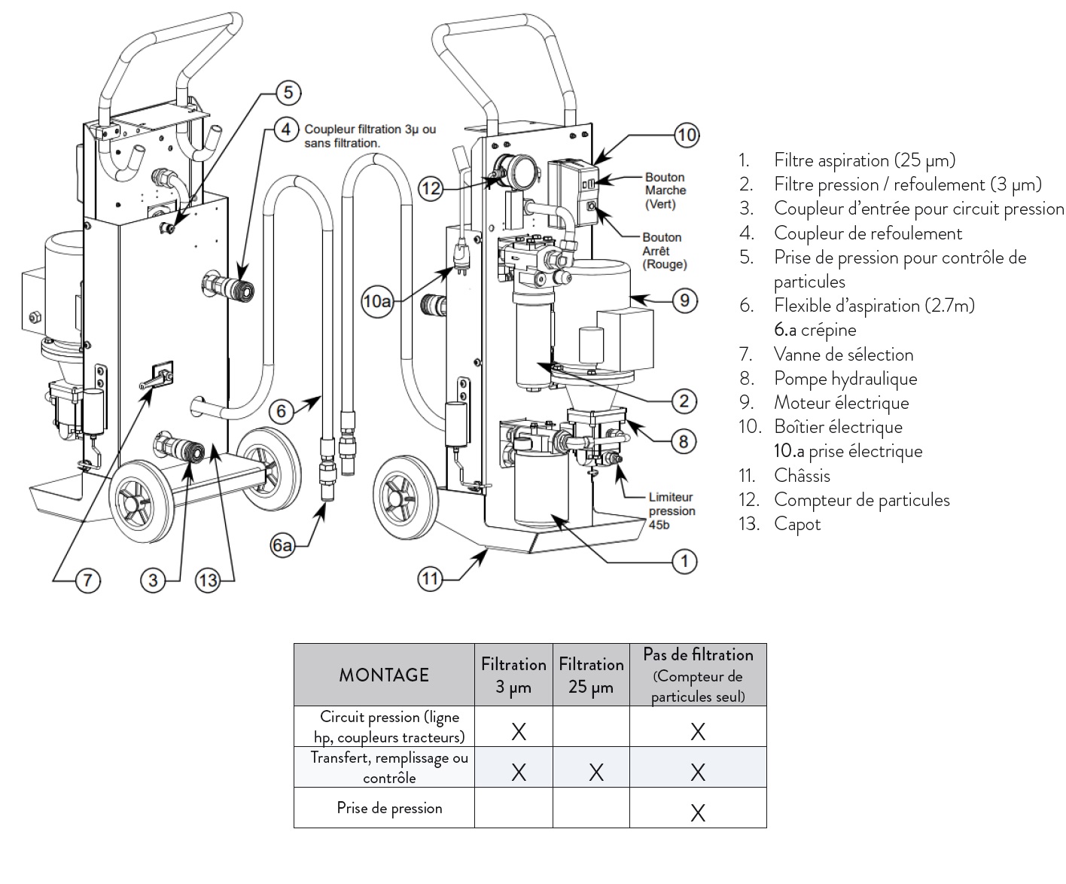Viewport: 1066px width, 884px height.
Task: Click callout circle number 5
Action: pyautogui.click(x=288, y=93)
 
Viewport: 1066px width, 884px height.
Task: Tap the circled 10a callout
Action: pyautogui.click(x=377, y=301)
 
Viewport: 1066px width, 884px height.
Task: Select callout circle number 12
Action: pyautogui.click(x=431, y=188)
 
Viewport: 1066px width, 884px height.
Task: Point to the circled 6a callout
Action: pyautogui.click(x=282, y=546)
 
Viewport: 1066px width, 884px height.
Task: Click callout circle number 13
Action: pyautogui.click(x=208, y=581)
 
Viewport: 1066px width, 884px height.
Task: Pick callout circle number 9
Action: pyautogui.click(x=684, y=300)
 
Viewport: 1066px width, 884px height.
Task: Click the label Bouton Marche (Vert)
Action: pyautogui.click(x=665, y=191)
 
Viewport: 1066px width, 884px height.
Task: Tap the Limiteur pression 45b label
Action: pyautogui.click(x=672, y=511)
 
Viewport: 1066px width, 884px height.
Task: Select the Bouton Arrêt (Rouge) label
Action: pyautogui.click(x=664, y=251)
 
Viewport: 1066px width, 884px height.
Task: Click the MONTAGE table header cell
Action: pyautogui.click(x=384, y=675)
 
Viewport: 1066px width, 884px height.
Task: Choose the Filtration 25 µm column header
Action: pyautogui.click(x=591, y=675)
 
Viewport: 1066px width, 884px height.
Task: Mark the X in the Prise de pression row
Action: pyautogui.click(x=698, y=812)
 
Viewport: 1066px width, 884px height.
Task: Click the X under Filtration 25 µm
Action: pyautogui.click(x=596, y=772)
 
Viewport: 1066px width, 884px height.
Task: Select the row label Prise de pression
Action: pyautogui.click(x=389, y=808)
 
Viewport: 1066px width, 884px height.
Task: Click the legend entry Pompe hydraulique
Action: pyautogui.click(x=845, y=379)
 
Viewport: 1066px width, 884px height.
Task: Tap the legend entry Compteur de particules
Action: pyautogui.click(x=862, y=500)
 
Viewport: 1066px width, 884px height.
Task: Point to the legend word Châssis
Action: pyautogui.click(x=802, y=475)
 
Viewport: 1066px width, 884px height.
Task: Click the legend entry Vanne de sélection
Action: pyautogui.click(x=843, y=355)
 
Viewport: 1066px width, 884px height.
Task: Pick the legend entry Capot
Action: pyautogui.click(x=797, y=525)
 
